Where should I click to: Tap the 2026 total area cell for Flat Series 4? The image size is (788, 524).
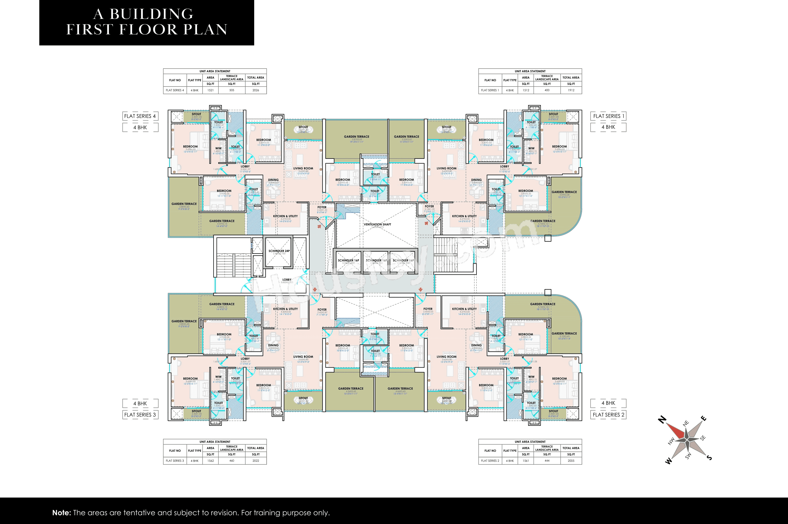[x=256, y=90]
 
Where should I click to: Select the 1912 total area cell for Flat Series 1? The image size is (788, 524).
[x=571, y=90]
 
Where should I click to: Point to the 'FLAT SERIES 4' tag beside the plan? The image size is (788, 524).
[x=140, y=116]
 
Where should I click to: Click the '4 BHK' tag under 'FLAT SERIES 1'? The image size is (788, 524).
[x=608, y=127]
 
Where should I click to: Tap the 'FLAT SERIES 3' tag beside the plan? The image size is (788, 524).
[x=140, y=415]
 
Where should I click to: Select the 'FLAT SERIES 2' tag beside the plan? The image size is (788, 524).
[x=608, y=415]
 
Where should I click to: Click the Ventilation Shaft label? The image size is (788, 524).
[x=377, y=225]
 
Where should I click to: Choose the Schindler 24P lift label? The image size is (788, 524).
[x=279, y=251]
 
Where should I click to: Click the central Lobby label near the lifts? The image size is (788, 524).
[x=287, y=280]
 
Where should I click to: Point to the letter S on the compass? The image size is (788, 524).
[x=709, y=458]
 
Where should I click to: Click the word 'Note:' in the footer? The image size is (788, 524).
[x=61, y=513]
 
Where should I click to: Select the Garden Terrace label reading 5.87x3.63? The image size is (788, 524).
[x=356, y=137]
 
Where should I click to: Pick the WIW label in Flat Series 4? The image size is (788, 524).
[x=218, y=148]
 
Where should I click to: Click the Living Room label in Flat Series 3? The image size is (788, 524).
[x=303, y=357]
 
